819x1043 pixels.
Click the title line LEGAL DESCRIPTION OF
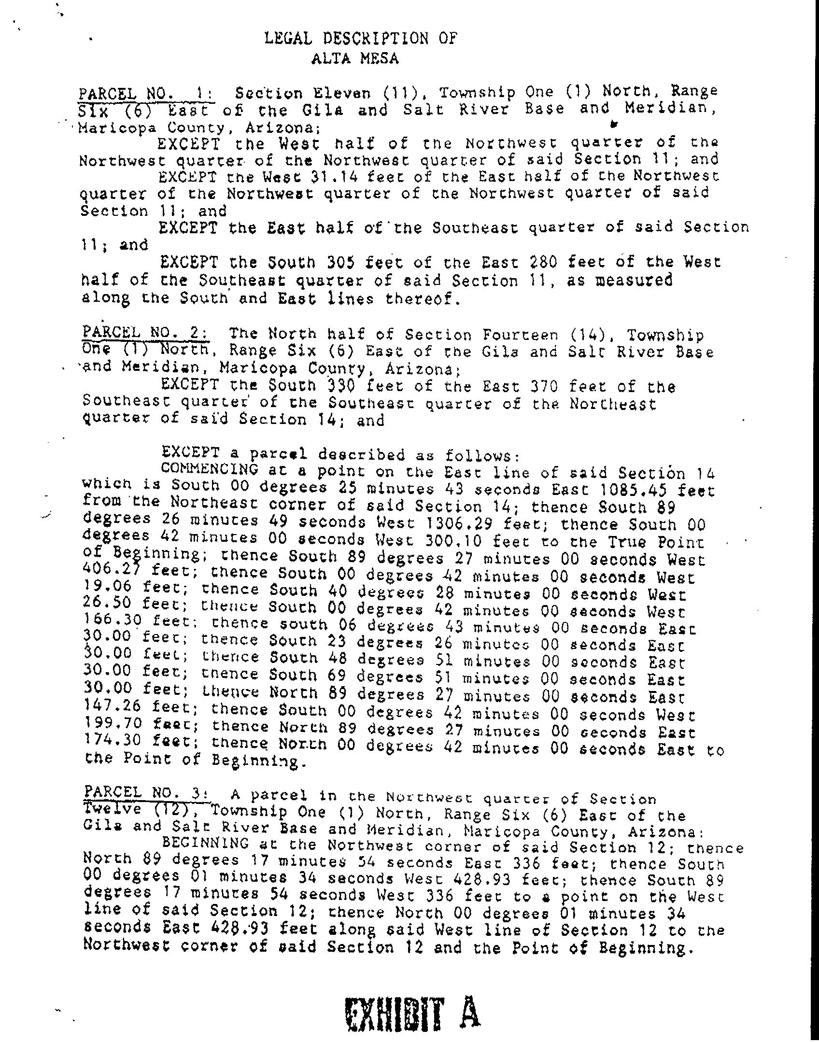coord(360,38)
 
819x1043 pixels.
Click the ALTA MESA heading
coord(355,58)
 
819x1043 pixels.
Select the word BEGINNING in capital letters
coord(206,843)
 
